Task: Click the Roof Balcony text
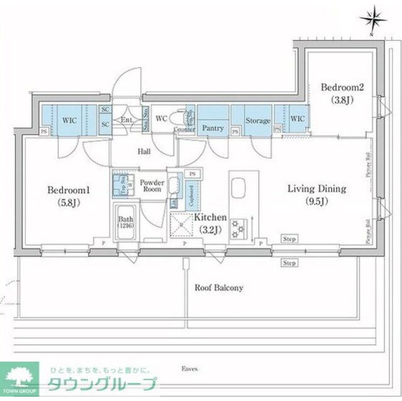[x=218, y=288]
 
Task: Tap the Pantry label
[x=214, y=128]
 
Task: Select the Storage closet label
[x=258, y=121]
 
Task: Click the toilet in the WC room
[x=186, y=117]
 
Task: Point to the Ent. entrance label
[x=126, y=120]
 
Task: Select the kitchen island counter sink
[x=239, y=189]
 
